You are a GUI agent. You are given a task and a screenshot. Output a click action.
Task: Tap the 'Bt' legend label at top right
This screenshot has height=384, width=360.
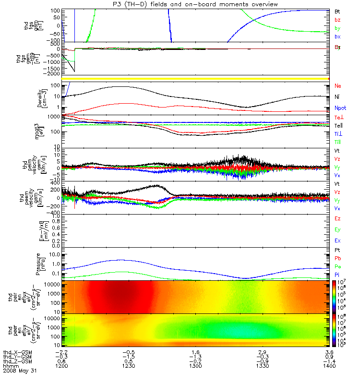338,11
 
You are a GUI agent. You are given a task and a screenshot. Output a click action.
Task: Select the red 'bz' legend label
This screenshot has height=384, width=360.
338,20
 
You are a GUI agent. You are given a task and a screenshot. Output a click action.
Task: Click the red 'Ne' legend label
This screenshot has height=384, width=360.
338,85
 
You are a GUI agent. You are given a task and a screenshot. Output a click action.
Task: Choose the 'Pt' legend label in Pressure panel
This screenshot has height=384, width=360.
338,251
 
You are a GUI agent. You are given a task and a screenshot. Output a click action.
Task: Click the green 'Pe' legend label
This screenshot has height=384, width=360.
338,266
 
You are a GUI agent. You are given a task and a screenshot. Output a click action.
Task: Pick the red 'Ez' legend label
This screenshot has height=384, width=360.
338,218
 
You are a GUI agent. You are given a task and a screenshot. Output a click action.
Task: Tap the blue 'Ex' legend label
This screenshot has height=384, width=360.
338,240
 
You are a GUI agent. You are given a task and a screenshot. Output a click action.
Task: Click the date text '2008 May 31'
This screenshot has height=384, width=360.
20,371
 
